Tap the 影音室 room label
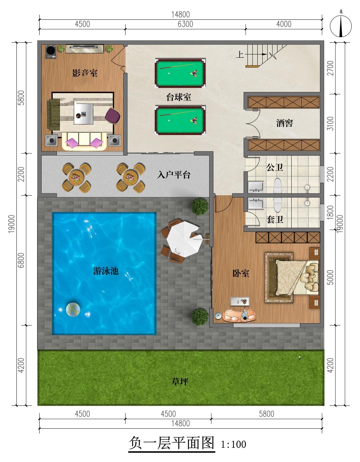pyautogui.click(x=85, y=73)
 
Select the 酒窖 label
pyautogui.click(x=284, y=123)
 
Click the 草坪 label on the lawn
pyautogui.click(x=180, y=381)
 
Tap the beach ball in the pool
pyautogui.click(x=73, y=309)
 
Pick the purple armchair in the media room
pyautogui.click(x=113, y=116)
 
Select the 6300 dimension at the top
pyautogui.click(x=185, y=24)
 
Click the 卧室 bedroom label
pyautogui.click(x=241, y=273)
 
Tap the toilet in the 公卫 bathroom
pyautogui.click(x=277, y=185)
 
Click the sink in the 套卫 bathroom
pyautogui.click(x=256, y=203)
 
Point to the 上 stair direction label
pyautogui.click(x=240, y=54)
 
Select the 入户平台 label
pyautogui.click(x=174, y=175)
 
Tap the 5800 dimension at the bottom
pyautogui.click(x=267, y=414)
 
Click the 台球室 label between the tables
pyautogui.click(x=178, y=97)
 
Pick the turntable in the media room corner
pyautogui.click(x=51, y=52)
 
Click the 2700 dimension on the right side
pyautogui.click(x=331, y=68)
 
